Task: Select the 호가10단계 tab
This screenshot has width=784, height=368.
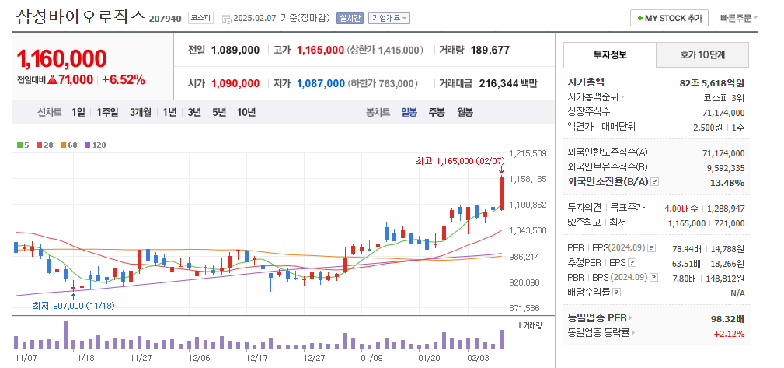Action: pyautogui.click(x=702, y=55)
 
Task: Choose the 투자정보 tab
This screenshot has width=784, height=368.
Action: pyautogui.click(x=609, y=55)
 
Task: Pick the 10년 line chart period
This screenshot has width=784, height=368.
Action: pyautogui.click(x=246, y=112)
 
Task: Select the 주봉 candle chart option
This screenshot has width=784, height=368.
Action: pyautogui.click(x=437, y=112)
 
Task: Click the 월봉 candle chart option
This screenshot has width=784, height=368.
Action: pyautogui.click(x=465, y=112)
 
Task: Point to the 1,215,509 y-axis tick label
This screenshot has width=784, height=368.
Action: pyautogui.click(x=528, y=153)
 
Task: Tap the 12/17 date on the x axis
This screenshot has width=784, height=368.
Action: pyautogui.click(x=256, y=358)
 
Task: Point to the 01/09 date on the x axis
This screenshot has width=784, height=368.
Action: pyautogui.click(x=371, y=358)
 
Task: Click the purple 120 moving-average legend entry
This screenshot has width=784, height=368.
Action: pyautogui.click(x=96, y=145)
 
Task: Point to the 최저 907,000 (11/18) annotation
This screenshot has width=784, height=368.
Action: pyautogui.click(x=74, y=306)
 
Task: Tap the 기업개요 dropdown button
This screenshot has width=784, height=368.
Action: pyautogui.click(x=389, y=18)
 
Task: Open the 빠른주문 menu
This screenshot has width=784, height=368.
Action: pyautogui.click(x=739, y=18)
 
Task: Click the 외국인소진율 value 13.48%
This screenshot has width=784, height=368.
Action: pyautogui.click(x=728, y=182)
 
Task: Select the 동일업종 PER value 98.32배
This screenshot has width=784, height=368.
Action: pyautogui.click(x=728, y=318)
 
